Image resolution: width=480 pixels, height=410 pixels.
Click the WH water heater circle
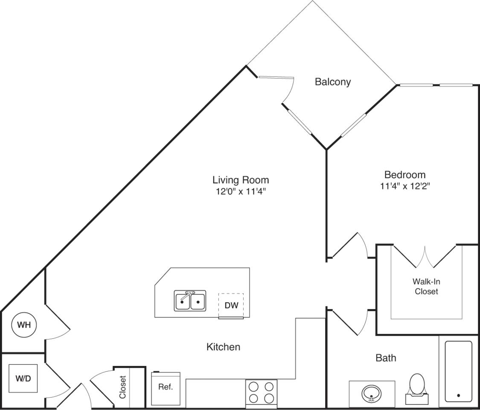pyautogui.click(x=24, y=325)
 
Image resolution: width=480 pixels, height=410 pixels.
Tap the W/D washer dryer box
pyautogui.click(x=23, y=378)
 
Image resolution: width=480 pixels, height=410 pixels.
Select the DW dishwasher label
pyautogui.click(x=231, y=305)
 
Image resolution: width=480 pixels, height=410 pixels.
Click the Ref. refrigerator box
pyautogui.click(x=166, y=388)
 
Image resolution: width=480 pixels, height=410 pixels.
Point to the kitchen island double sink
pyautogui.click(x=190, y=301)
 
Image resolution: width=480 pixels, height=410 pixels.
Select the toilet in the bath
pyautogui.click(x=416, y=387)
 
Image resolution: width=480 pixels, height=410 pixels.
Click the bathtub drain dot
pyautogui.click(x=458, y=395)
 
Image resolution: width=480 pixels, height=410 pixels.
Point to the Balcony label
pyautogui.click(x=333, y=82)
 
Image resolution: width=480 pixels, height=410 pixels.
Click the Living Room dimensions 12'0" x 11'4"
pyautogui.click(x=241, y=191)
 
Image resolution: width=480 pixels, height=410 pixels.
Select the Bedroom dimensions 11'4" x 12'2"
pyautogui.click(x=405, y=186)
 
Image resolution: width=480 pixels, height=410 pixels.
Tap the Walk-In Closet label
pyautogui.click(x=426, y=287)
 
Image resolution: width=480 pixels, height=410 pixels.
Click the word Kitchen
pyautogui.click(x=223, y=347)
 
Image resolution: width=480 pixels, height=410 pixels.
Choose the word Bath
pyautogui.click(x=386, y=357)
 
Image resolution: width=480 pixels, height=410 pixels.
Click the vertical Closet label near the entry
pyautogui.click(x=123, y=387)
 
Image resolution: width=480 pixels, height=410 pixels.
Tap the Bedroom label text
pyautogui.click(x=405, y=175)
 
